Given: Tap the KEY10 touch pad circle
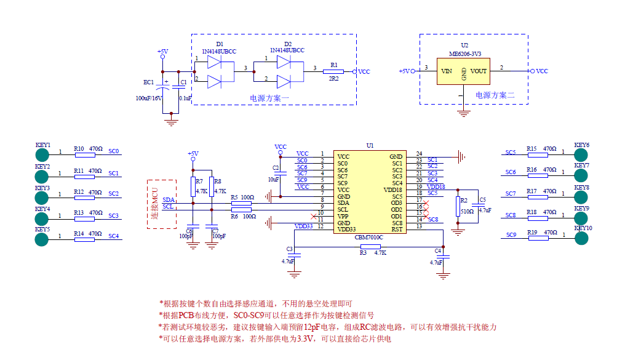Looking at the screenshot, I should point(582,238).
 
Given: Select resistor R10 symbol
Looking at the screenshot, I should point(84,154).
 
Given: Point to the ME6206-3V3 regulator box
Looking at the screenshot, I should point(463,71).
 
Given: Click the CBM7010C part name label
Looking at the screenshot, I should point(369,236).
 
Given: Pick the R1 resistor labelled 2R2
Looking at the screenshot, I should point(333,71).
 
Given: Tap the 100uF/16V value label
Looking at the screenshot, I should point(149,98).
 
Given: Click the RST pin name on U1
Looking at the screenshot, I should point(397,229).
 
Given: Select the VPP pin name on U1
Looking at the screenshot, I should point(343,216).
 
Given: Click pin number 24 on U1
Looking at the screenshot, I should point(419,154).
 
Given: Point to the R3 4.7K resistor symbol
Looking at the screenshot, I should point(370,247).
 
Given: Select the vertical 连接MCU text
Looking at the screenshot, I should point(156,203).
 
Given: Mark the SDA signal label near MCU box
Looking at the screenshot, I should point(169,200).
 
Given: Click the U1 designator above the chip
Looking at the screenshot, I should point(370,146).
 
